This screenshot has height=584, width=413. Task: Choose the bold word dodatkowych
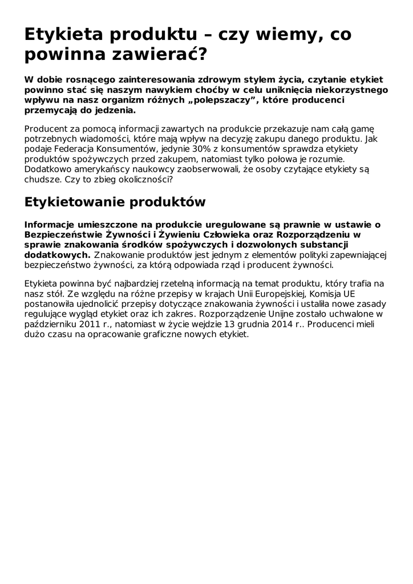coord(57,255)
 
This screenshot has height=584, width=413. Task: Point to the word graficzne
coord(165,335)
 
